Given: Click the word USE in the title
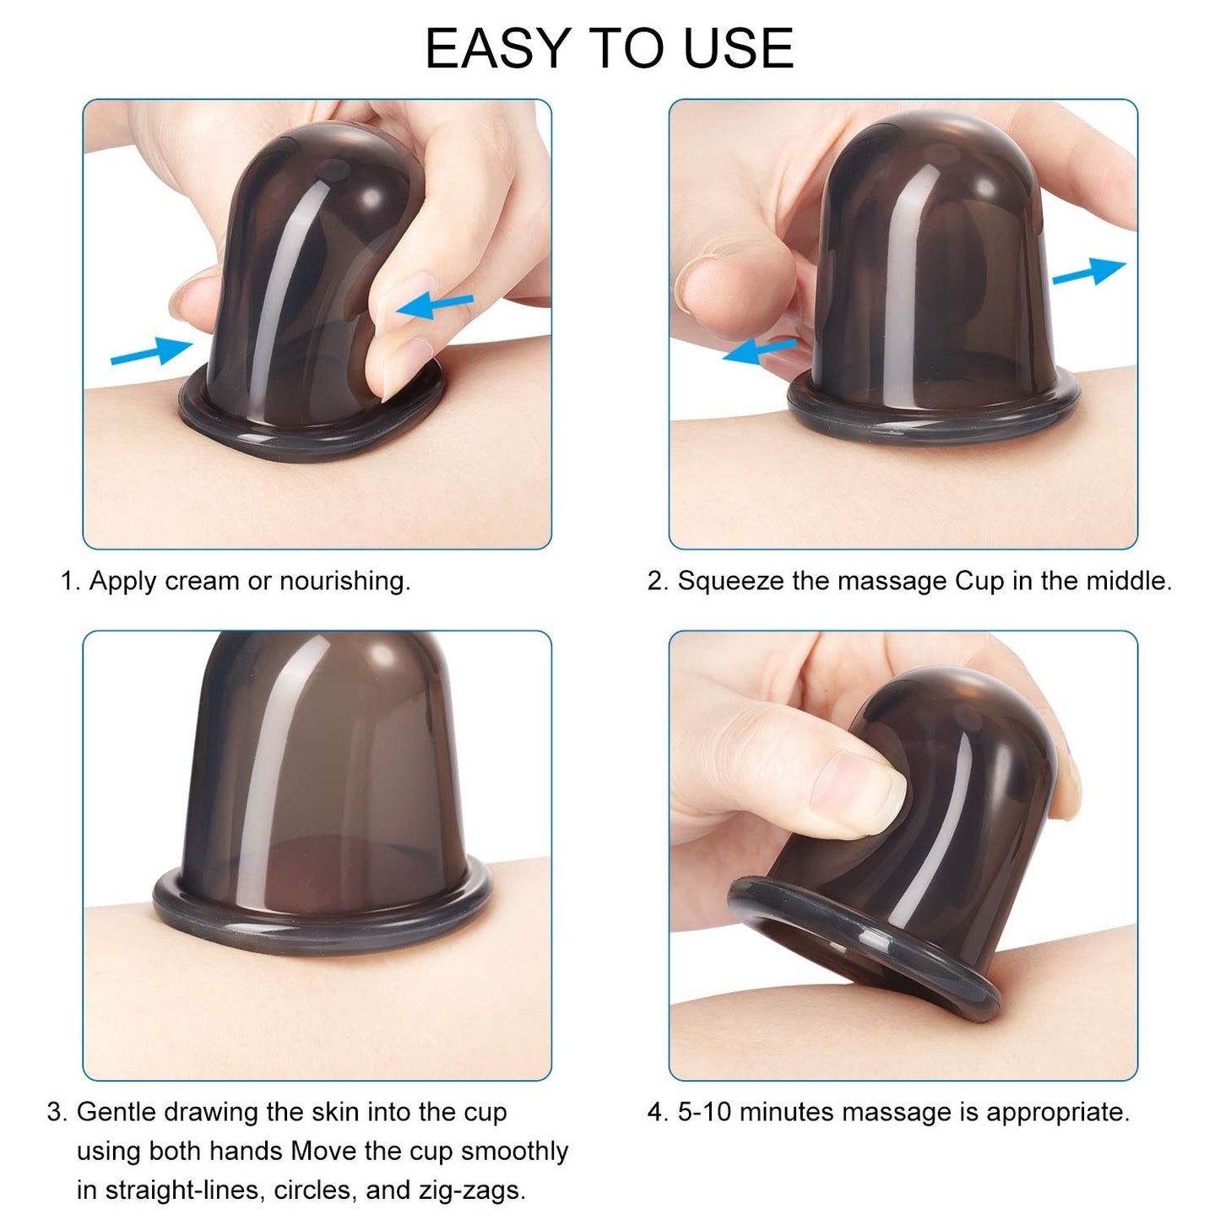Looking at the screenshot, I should (x=738, y=48).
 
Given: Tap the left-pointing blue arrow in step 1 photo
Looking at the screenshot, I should (x=435, y=306).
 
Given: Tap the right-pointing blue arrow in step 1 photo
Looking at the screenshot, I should (x=152, y=350).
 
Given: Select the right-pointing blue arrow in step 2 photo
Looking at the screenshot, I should (x=1088, y=272).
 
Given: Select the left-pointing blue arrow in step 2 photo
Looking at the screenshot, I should (x=759, y=350).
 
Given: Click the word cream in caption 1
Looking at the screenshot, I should (x=202, y=581).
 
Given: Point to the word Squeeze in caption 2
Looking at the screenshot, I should (x=730, y=581).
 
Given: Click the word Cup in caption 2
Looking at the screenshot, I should (x=979, y=581).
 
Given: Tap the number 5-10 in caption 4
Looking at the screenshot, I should (x=704, y=1112).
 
